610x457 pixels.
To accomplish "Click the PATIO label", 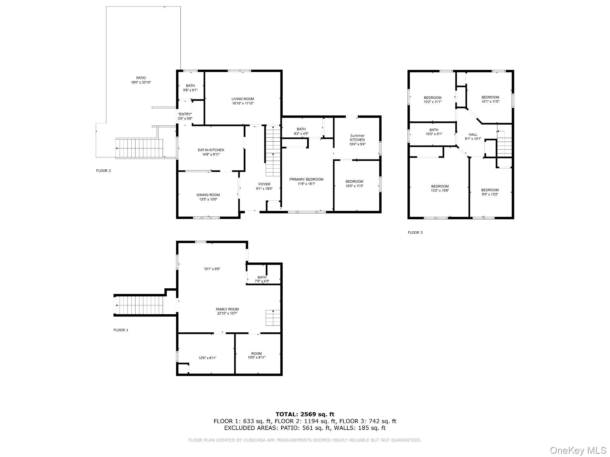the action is click(x=141, y=78).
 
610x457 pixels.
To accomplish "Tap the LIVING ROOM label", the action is click(x=243, y=99).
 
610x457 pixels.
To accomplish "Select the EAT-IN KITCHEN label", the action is click(x=211, y=150).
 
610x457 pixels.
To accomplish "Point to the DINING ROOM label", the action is click(x=208, y=195).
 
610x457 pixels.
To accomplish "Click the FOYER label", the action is click(x=264, y=184).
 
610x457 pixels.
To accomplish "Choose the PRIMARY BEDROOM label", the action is click(x=306, y=179).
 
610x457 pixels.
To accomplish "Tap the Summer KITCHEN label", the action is click(x=357, y=137).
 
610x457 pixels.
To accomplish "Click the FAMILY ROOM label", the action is click(x=227, y=309).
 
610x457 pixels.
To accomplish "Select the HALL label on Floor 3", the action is click(x=473, y=134).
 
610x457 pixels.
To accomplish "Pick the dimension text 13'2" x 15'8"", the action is click(x=440, y=190).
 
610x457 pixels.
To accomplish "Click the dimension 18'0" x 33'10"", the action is click(x=141, y=82).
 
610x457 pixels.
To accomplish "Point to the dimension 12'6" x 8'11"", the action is click(x=208, y=358).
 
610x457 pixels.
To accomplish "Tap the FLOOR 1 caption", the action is click(x=121, y=330).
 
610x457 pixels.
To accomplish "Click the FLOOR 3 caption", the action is click(x=415, y=232).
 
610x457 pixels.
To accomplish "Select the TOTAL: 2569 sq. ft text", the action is click(x=305, y=414).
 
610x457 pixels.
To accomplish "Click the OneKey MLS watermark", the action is click(x=578, y=450).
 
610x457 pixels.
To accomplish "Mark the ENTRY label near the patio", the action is click(x=185, y=114).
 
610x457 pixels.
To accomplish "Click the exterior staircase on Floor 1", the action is click(x=139, y=305).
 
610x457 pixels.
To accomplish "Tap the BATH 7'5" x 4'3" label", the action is click(x=262, y=279).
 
